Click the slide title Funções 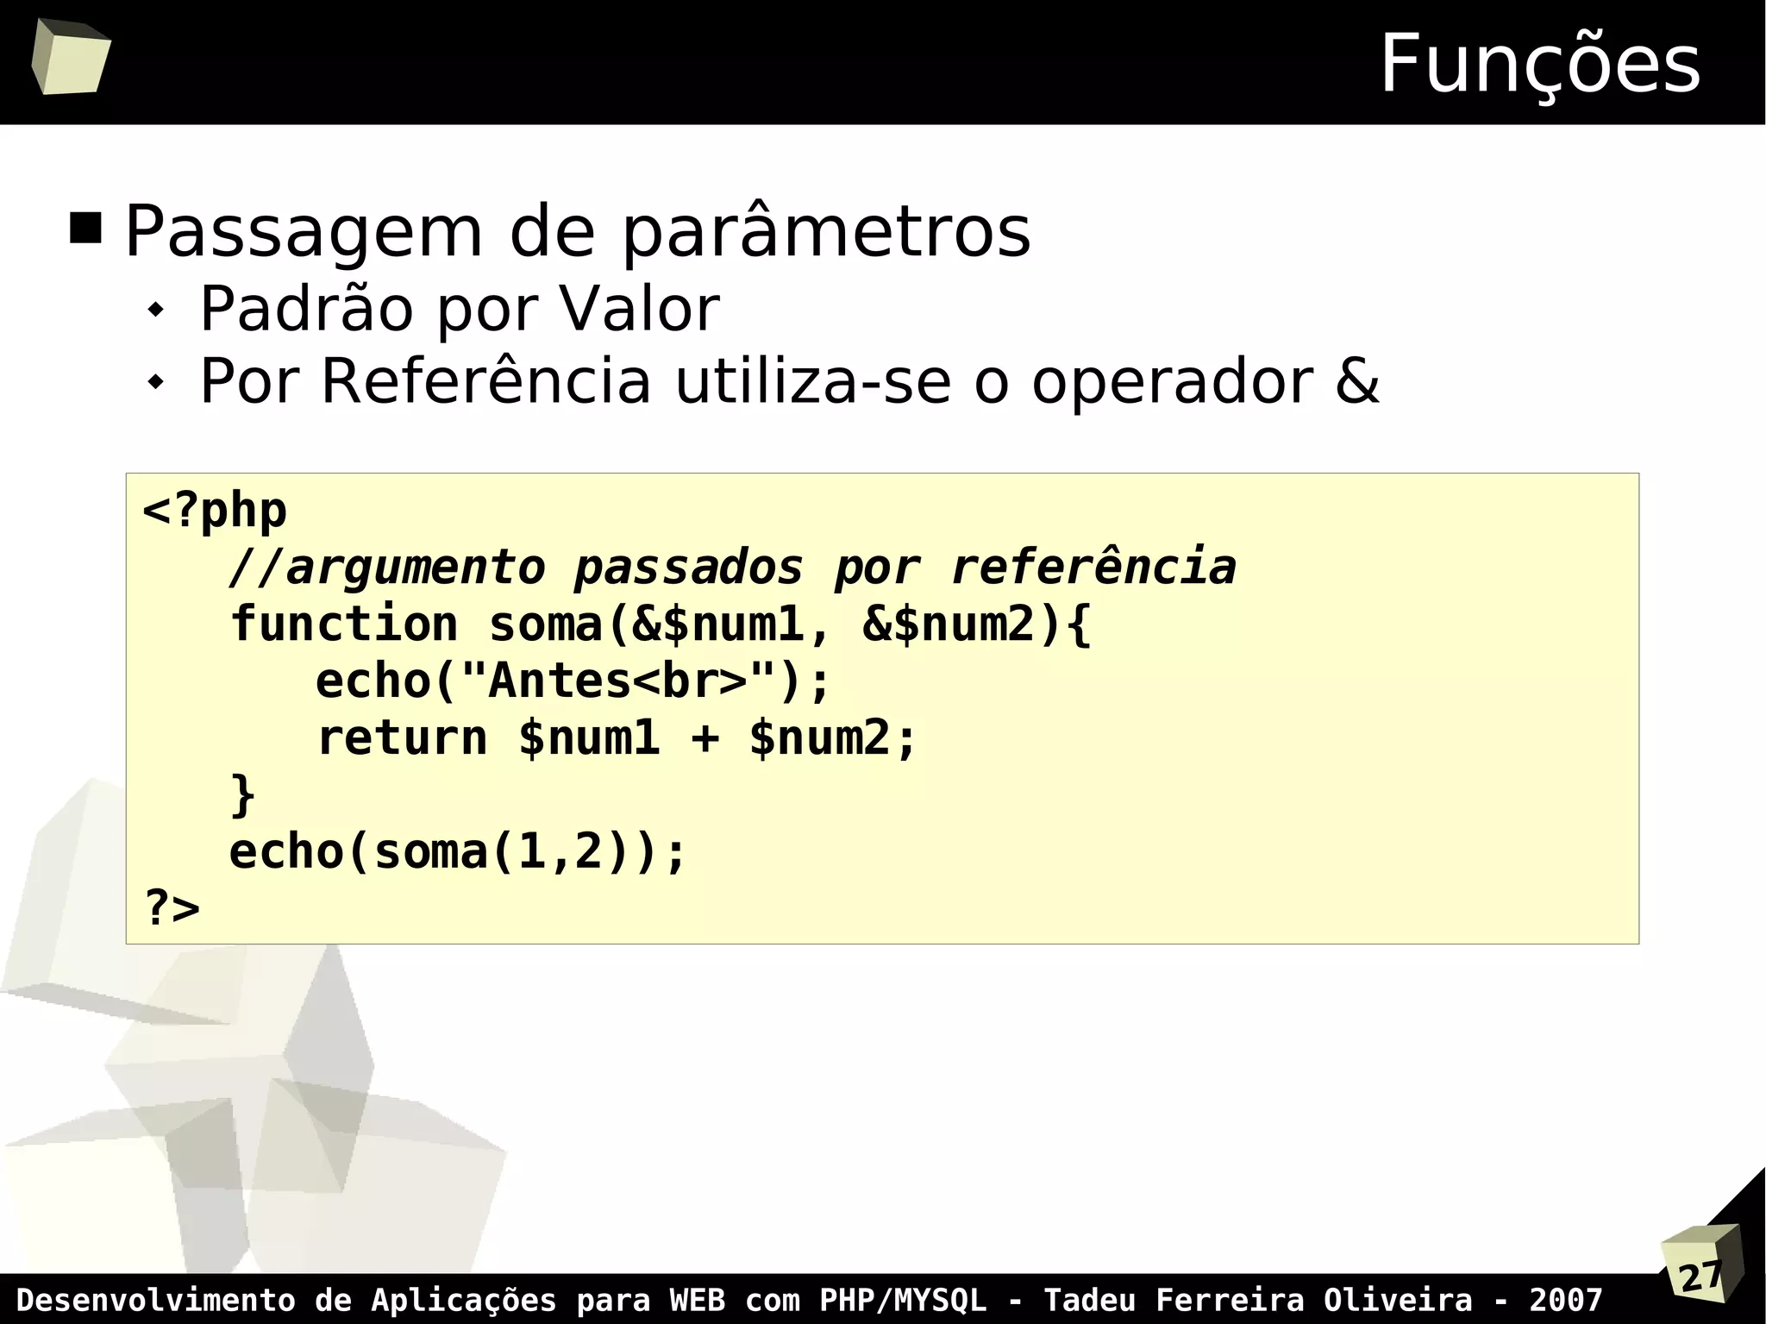(1539, 64)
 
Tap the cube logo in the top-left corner (71, 57)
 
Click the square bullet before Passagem (85, 229)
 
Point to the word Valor (639, 308)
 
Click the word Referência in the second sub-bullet (485, 380)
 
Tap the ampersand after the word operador (1356, 380)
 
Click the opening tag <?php (215, 511)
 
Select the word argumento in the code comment (415, 568)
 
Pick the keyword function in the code (344, 624)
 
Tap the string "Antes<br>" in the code (618, 681)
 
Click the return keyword (402, 738)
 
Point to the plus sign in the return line (705, 738)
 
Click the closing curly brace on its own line (243, 794)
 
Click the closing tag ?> (172, 907)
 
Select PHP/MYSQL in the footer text (902, 1299)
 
